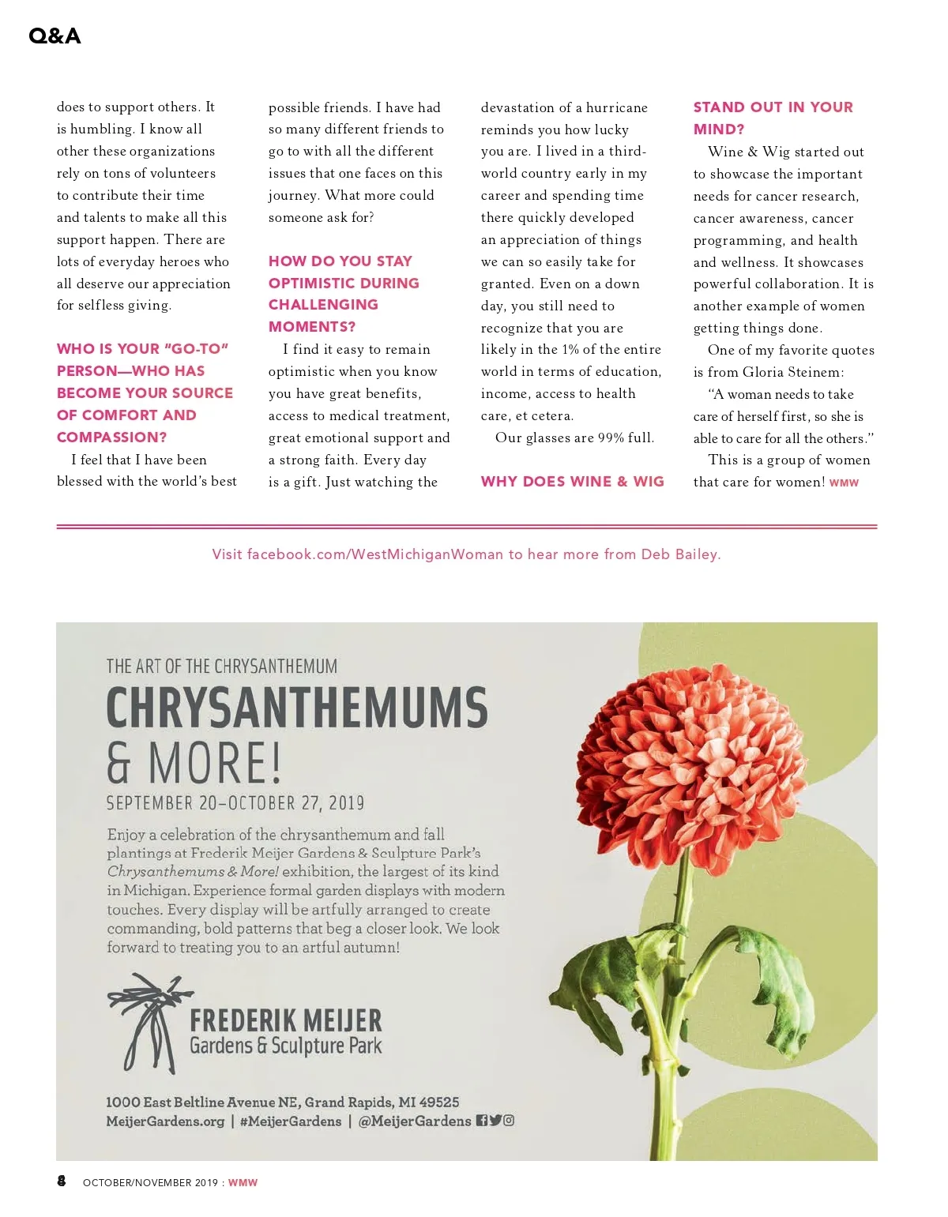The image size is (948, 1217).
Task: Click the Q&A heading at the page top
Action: coord(55,36)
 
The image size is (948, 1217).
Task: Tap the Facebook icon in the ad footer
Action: coord(481,1120)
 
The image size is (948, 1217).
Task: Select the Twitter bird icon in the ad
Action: coord(495,1120)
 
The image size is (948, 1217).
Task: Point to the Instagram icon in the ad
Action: coord(509,1120)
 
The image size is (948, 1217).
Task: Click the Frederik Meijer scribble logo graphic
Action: coord(145,1022)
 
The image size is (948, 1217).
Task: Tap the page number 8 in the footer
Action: coord(62,1181)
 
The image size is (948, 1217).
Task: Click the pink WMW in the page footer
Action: coord(243,1182)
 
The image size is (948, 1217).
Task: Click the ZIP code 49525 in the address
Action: coord(439,1102)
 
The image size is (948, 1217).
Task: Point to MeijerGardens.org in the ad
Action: coord(165,1121)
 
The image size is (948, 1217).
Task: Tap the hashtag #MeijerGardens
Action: coord(291,1121)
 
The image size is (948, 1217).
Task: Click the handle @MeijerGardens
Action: coord(414,1121)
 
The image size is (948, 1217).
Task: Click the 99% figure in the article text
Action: coord(611,437)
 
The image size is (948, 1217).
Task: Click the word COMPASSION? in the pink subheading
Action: coord(111,437)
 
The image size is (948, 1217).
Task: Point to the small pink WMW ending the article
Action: coord(844,483)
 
